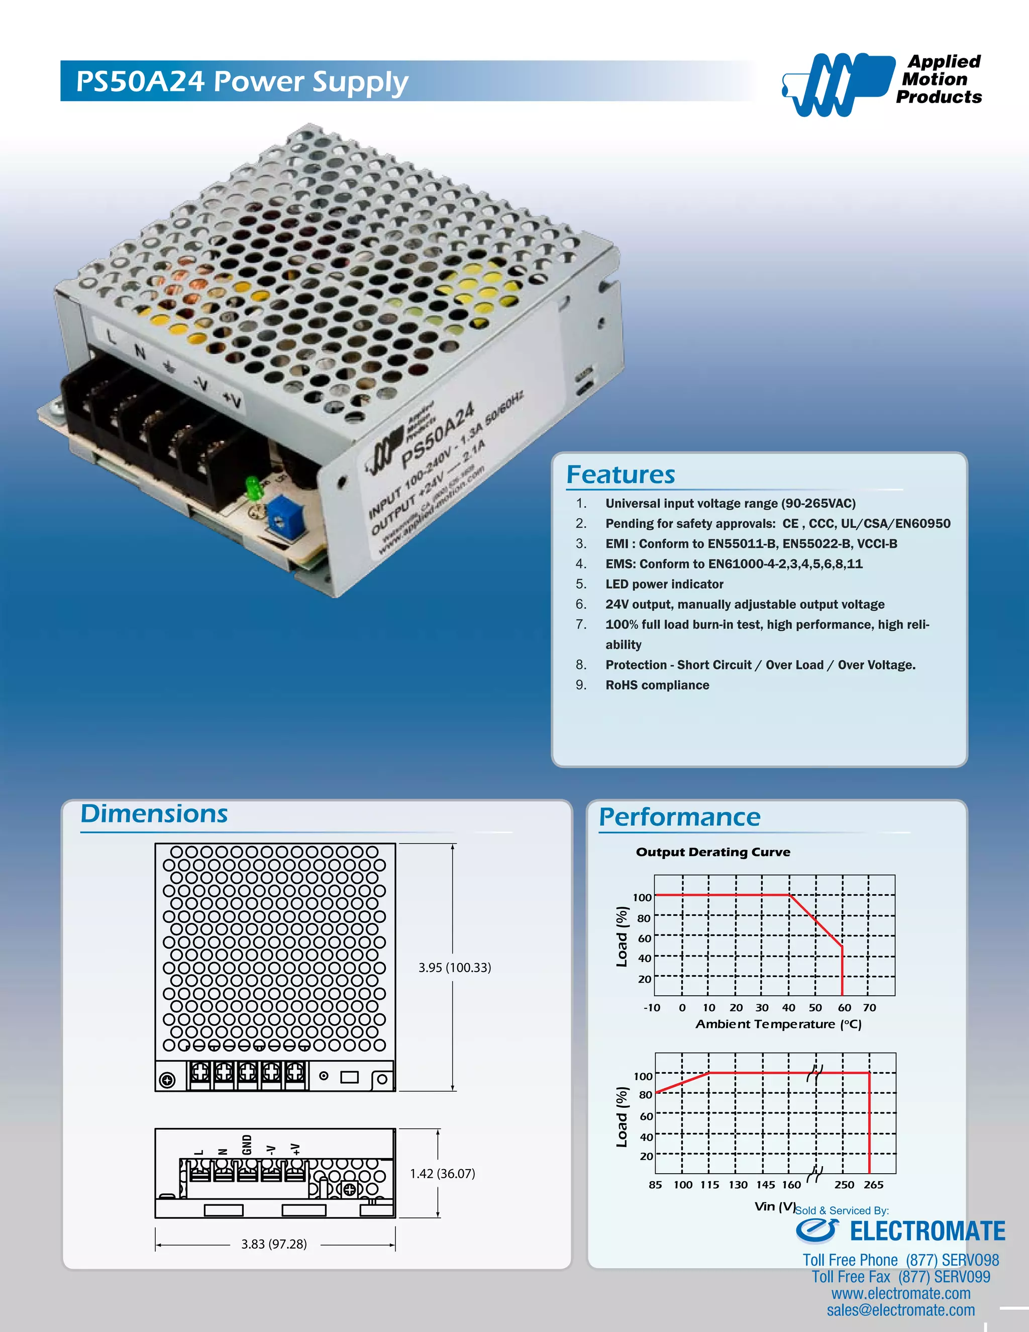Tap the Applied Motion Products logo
[881, 82]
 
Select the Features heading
[621, 474]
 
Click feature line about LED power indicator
[664, 584]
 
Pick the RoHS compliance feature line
[657, 685]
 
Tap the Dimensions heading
[154, 814]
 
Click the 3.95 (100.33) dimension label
[454, 967]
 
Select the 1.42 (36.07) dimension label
[442, 1174]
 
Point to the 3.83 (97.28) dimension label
[274, 1244]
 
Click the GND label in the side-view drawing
[247, 1145]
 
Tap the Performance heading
[679, 817]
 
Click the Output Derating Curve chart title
[712, 852]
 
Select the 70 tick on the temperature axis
[869, 1007]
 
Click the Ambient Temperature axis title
[778, 1024]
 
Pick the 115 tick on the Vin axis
[709, 1184]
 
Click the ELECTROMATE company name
[927, 1231]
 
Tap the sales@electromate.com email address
[900, 1310]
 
